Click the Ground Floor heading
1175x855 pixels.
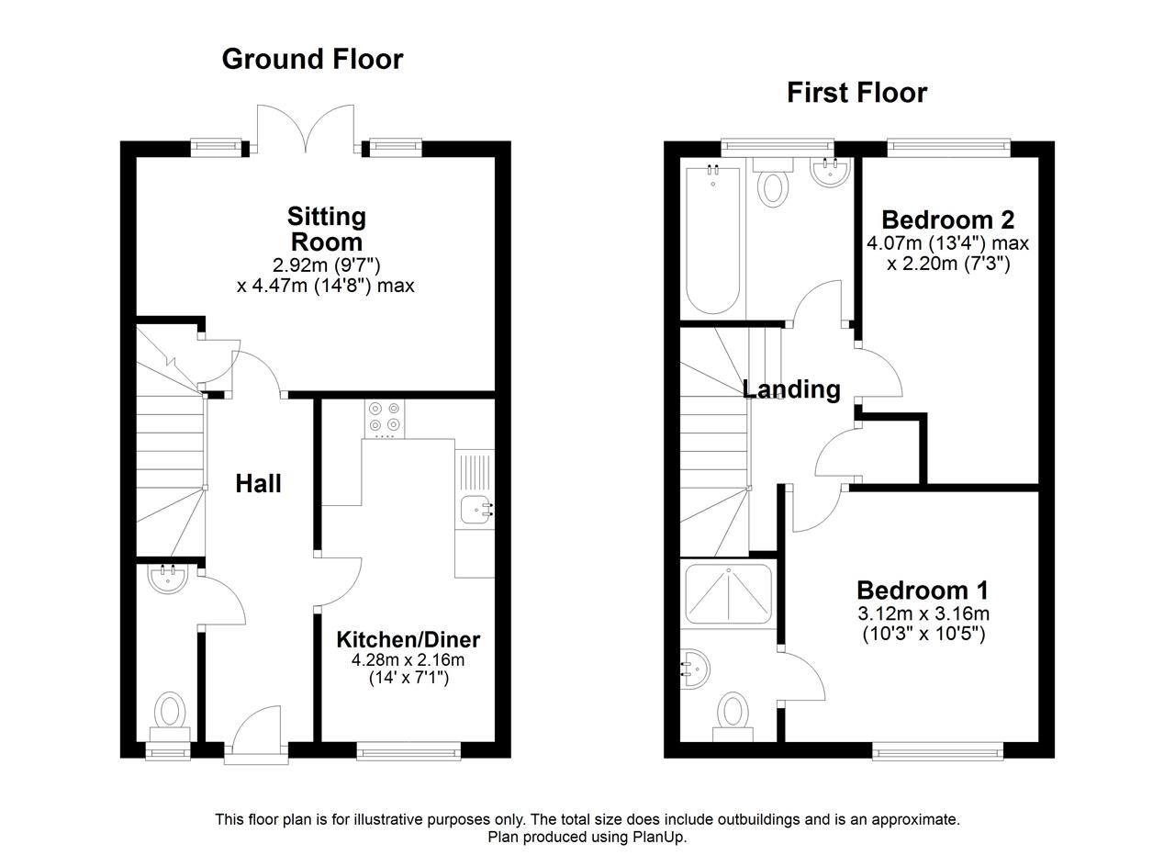click(x=313, y=60)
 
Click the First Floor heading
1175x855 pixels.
click(x=857, y=93)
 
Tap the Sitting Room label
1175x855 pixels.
click(x=326, y=230)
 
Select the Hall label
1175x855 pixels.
click(x=258, y=483)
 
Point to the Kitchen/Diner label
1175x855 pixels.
click(x=408, y=640)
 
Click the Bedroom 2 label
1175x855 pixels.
click(x=948, y=219)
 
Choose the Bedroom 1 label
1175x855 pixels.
click(x=923, y=591)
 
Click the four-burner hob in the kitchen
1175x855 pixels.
click(x=384, y=419)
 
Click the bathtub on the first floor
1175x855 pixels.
click(x=713, y=240)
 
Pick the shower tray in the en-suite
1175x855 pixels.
click(x=729, y=593)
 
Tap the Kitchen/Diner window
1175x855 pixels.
click(x=408, y=751)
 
